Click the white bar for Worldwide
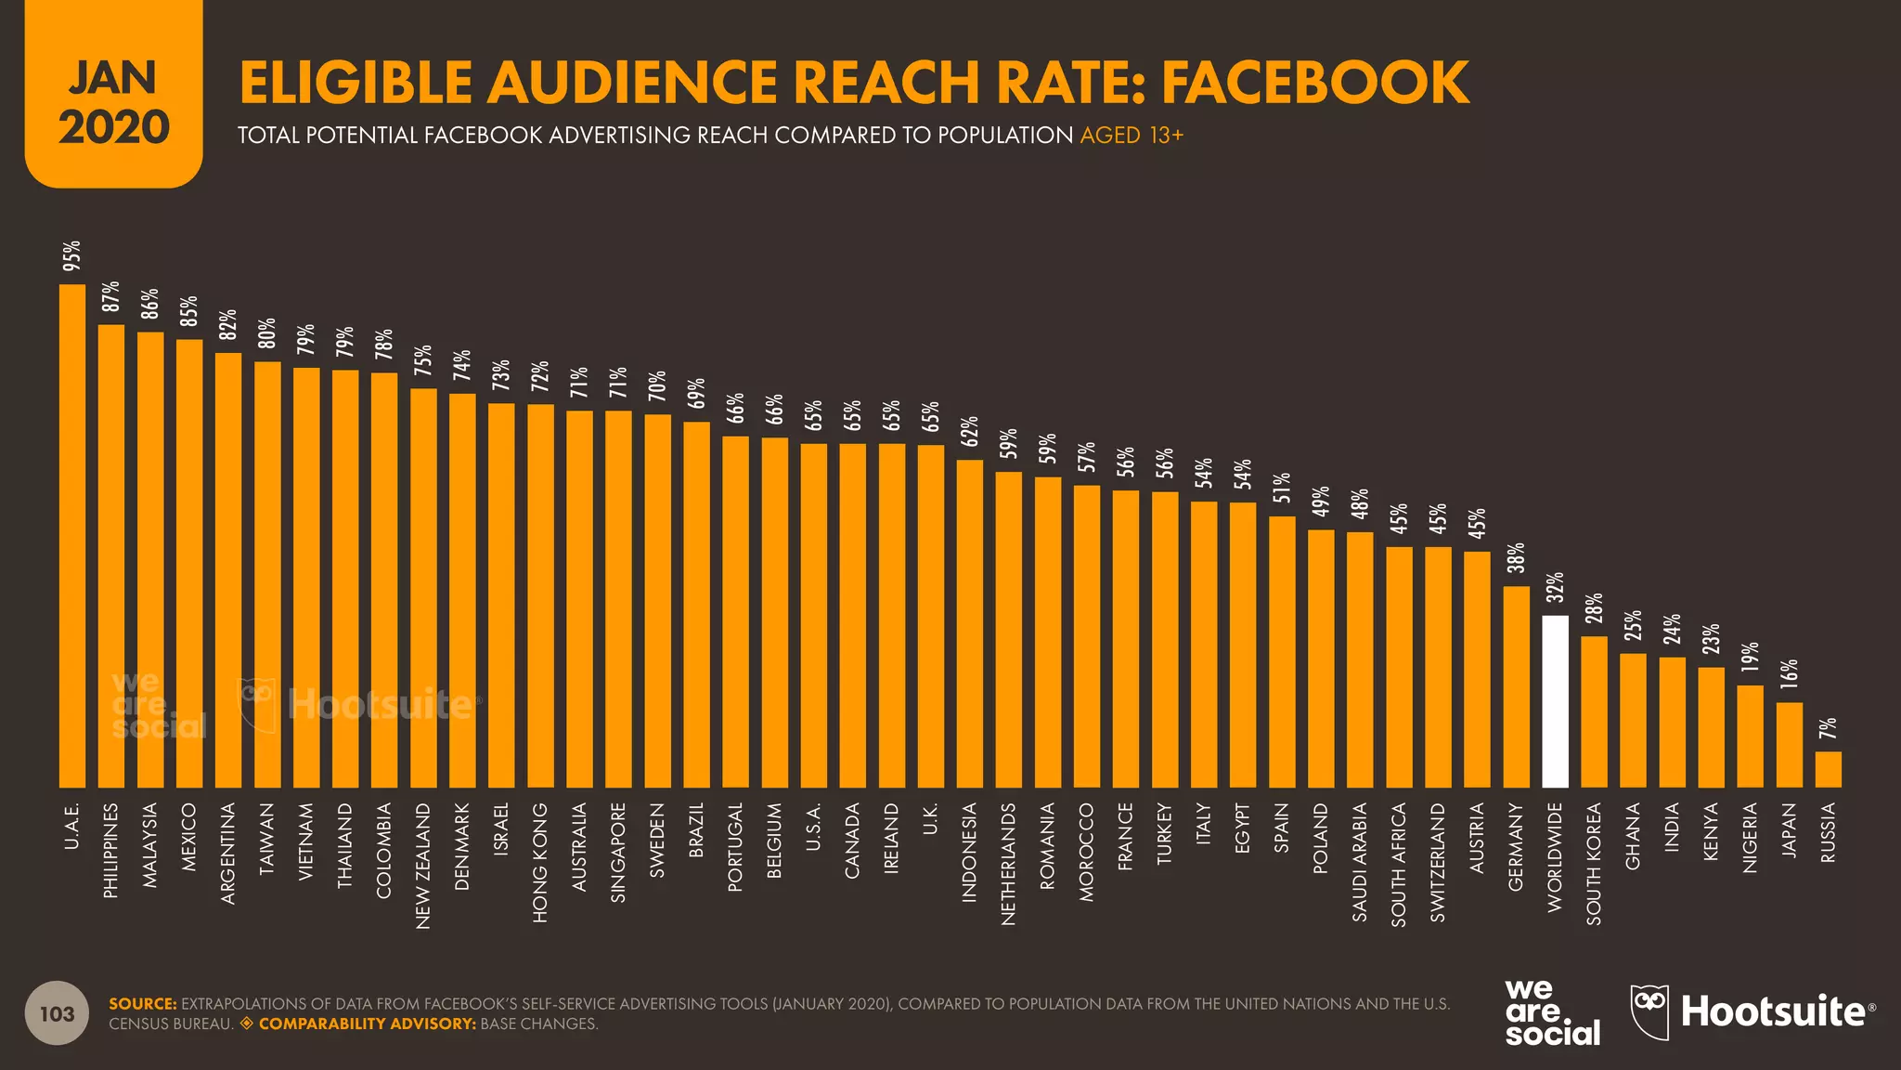coord(1555,701)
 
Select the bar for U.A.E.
coord(72,536)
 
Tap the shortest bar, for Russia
coord(1828,769)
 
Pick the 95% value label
coord(71,255)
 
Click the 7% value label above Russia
coord(1828,728)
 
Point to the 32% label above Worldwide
coord(1555,588)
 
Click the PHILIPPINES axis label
coord(111,850)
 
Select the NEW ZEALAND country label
coord(423,865)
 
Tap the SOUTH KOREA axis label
coord(1594,863)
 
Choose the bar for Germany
coord(1516,686)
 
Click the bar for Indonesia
coord(969,623)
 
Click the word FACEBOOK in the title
coord(1314,82)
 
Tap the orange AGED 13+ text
coord(1132,136)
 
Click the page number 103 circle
coord(57,1013)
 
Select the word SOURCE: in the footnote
coord(142,1004)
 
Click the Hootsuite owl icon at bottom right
coord(1649,1011)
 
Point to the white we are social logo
coord(1552,1012)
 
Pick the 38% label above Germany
coord(1516,557)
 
